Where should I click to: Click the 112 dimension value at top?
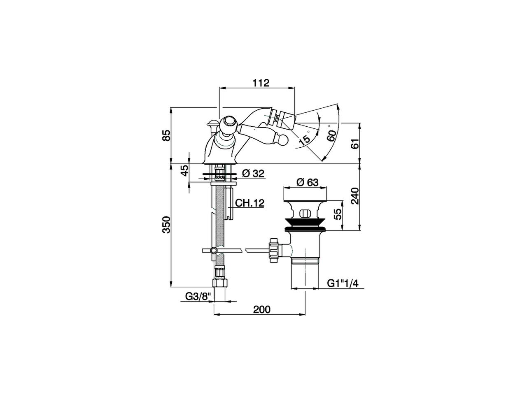click(x=261, y=83)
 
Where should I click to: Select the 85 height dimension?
click(x=166, y=135)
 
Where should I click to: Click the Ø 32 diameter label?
click(x=252, y=174)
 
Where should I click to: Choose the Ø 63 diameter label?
click(x=307, y=182)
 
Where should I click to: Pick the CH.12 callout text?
click(x=250, y=203)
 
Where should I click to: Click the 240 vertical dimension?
click(x=355, y=196)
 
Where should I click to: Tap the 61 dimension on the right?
click(x=355, y=144)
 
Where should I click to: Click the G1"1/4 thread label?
click(x=343, y=283)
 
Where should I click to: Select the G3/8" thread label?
click(x=198, y=296)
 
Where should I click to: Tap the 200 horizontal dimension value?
click(x=262, y=309)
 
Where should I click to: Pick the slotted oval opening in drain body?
click(x=305, y=213)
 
